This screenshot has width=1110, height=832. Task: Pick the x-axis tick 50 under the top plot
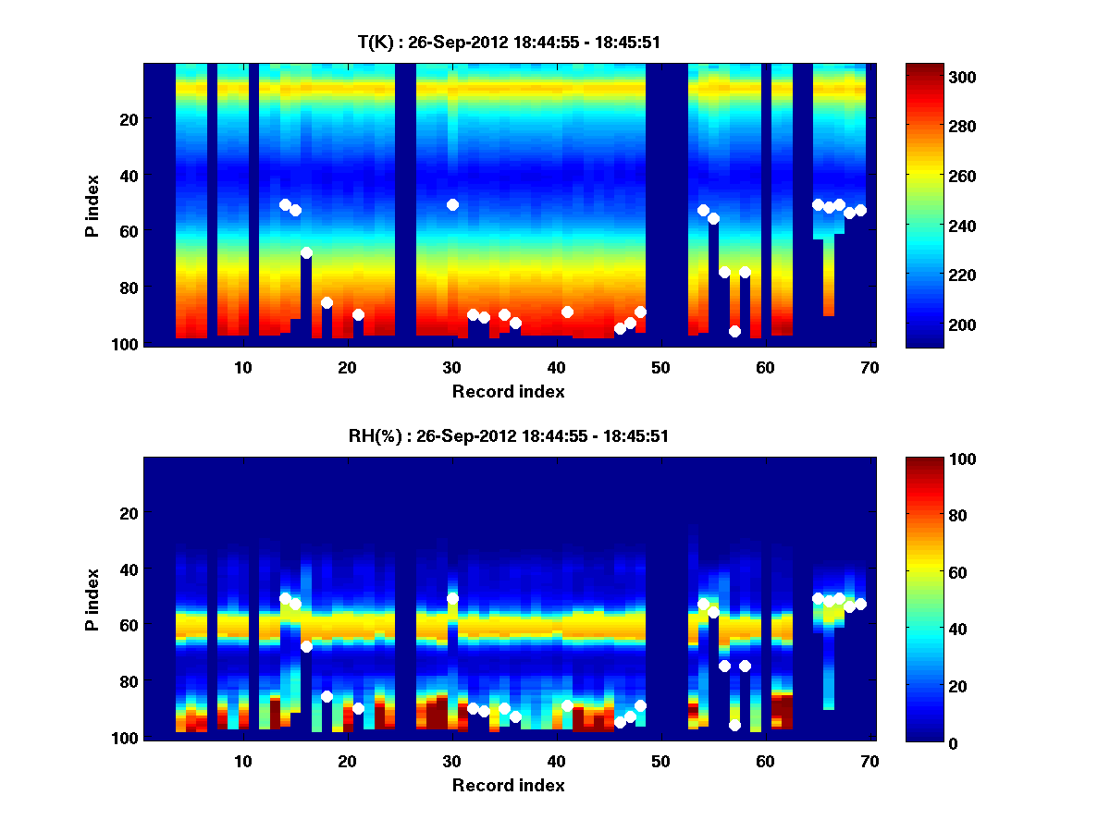point(660,367)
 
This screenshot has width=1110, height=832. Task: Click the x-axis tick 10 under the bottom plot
point(242,761)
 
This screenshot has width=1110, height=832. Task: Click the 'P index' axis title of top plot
point(92,205)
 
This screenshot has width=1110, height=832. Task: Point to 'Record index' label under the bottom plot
point(508,785)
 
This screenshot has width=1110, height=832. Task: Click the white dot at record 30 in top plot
point(452,204)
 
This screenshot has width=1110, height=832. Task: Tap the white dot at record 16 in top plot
point(306,252)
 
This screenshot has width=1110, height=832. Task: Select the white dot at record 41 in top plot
point(567,312)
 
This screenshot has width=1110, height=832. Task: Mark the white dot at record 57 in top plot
point(734,331)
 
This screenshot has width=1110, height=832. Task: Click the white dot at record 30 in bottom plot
point(452,598)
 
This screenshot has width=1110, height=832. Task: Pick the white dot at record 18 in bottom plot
point(327,696)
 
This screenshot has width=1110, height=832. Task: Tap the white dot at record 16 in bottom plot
point(306,646)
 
